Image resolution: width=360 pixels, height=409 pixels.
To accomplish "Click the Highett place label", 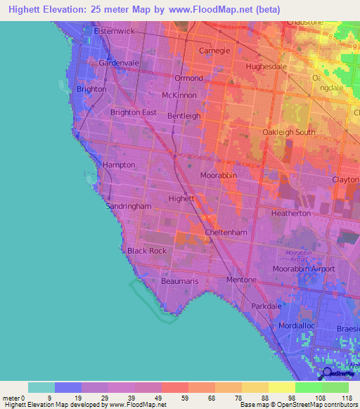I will pos(181,199).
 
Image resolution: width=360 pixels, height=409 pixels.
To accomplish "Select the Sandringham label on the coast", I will pos(129,207).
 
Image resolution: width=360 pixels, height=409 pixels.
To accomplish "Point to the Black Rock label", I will pos(147,251).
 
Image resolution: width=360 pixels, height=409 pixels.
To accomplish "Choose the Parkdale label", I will pos(266,307).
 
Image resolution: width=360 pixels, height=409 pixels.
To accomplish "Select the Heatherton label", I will pos(291,213).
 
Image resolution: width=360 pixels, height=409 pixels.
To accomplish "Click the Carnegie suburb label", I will pos(215,51).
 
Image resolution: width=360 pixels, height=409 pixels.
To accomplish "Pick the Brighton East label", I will pos(134,112).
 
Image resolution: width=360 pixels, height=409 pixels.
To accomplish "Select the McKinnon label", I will pos(179,95).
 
